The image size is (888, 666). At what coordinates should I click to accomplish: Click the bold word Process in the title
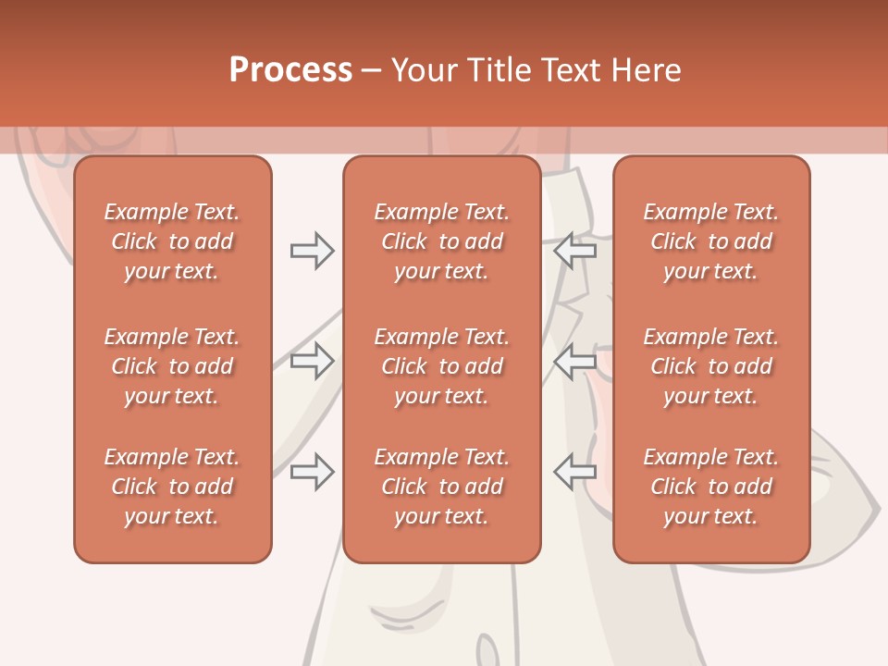tap(290, 70)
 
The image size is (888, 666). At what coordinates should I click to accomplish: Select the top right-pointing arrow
tap(312, 251)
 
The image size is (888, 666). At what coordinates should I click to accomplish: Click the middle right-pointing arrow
tap(312, 361)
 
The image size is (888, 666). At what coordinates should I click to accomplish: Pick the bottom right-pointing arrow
tap(312, 472)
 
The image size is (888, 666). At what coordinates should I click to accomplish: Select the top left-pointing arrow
tap(575, 251)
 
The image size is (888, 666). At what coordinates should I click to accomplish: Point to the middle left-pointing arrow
tap(575, 361)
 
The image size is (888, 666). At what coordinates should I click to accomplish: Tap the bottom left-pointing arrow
tap(575, 472)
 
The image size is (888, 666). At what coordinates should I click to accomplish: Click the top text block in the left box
tap(172, 241)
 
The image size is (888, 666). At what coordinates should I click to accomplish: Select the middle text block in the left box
tap(172, 366)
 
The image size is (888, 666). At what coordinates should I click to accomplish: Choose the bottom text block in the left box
tap(172, 487)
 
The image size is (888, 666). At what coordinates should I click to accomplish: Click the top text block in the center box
tap(441, 241)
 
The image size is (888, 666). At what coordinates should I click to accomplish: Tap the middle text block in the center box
tap(441, 366)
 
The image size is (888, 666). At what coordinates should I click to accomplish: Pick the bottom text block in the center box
tap(441, 487)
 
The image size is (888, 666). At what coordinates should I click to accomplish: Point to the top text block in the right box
tap(711, 241)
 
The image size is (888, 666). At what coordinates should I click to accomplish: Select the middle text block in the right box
tap(711, 366)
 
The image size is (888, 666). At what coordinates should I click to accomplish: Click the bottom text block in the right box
tap(711, 487)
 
